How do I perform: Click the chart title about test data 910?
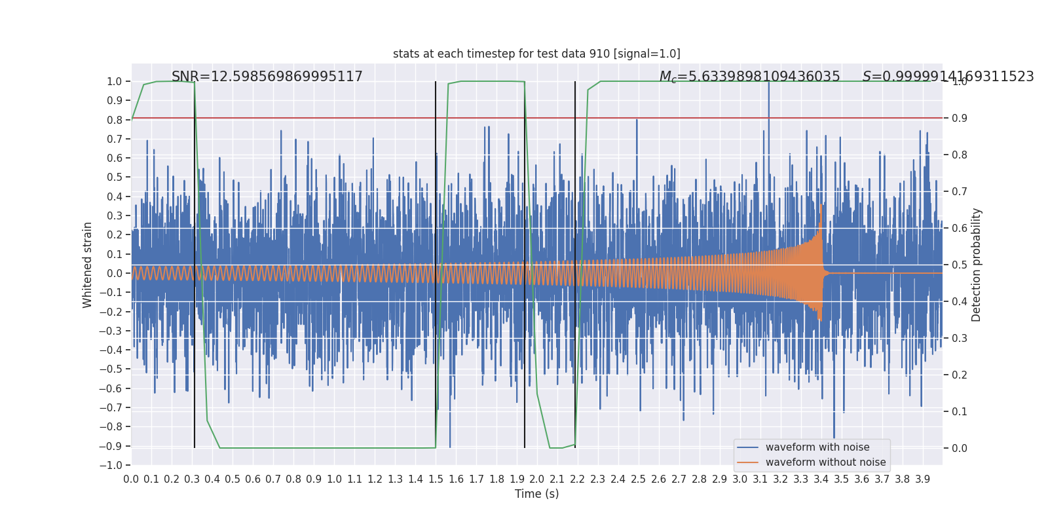pos(536,54)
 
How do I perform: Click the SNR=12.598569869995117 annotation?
pos(267,77)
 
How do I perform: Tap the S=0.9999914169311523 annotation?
pos(948,77)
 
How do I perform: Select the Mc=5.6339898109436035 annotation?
pos(749,77)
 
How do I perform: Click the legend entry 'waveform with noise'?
pos(817,447)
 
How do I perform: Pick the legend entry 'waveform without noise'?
pos(825,462)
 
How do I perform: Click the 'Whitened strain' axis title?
pos(88,265)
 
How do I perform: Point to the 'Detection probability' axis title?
pos(977,265)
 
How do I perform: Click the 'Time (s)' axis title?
pos(536,494)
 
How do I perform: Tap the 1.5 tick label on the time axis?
pos(436,479)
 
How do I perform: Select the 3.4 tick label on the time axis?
pos(821,479)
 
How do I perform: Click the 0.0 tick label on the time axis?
pos(131,479)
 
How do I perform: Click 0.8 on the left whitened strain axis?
pos(115,120)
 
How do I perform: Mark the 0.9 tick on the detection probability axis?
pos(960,119)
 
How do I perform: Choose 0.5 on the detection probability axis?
pos(960,265)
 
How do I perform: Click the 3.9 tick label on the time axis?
pos(922,479)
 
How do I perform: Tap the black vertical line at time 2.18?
pos(575,196)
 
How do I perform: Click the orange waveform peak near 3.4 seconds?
pos(821,206)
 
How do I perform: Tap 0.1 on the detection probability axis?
pos(960,412)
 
